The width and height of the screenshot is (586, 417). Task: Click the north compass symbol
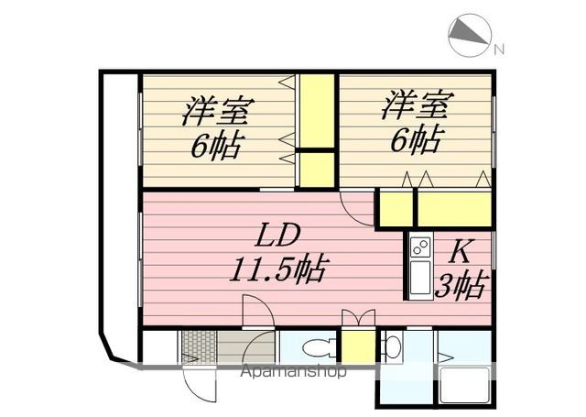click(469, 35)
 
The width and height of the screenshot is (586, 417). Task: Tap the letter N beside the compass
click(499, 49)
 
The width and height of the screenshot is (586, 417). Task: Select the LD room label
click(277, 235)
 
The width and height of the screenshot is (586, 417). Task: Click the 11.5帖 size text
click(279, 269)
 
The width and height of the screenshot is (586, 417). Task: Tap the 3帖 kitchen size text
click(461, 286)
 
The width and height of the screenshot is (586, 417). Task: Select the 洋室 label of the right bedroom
click(418, 104)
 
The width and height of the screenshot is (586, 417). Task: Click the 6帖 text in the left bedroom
click(218, 146)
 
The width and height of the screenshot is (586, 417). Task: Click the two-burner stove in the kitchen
click(420, 247)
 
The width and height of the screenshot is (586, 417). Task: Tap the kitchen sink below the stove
click(420, 277)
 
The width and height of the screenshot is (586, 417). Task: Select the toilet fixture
click(320, 347)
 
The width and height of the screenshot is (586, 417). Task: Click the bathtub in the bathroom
click(465, 386)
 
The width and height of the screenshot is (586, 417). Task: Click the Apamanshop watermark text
click(293, 371)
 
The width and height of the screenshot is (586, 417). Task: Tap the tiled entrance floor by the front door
click(199, 346)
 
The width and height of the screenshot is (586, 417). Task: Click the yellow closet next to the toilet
click(358, 346)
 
